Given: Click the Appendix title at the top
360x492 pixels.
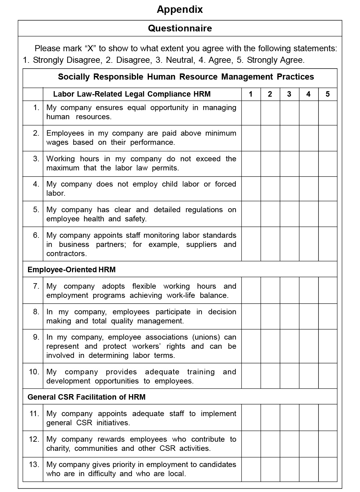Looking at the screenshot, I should [x=180, y=9].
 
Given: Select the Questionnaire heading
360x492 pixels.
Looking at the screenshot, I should [x=180, y=28].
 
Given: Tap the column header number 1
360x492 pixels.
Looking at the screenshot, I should [x=251, y=94].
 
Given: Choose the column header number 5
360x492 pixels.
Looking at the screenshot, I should [x=328, y=94].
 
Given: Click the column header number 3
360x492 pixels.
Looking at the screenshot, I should [x=289, y=94].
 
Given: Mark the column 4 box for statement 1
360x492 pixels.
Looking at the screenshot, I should [x=308, y=113].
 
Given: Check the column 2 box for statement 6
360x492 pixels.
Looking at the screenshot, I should [x=270, y=244].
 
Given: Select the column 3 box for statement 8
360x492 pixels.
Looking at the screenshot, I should [x=289, y=316].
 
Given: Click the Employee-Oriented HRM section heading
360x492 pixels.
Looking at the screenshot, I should [x=71, y=269].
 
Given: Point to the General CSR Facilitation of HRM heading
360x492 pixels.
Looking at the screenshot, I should [x=86, y=397].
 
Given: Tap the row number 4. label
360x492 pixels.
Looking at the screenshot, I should [x=36, y=184].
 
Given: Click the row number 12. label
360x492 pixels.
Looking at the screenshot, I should [x=34, y=439].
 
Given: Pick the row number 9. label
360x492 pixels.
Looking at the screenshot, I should [x=36, y=337].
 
